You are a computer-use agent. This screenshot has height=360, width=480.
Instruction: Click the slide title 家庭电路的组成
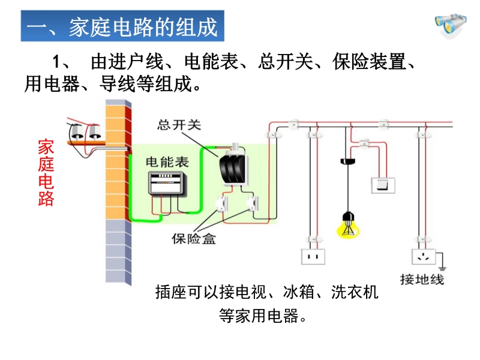pyautogui.click(x=122, y=27)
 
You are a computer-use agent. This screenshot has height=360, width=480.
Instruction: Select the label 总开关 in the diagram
pyautogui.click(x=179, y=125)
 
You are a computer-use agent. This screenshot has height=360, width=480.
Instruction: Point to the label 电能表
pyautogui.click(x=167, y=162)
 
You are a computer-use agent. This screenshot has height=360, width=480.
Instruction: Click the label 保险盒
pyautogui.click(x=194, y=239)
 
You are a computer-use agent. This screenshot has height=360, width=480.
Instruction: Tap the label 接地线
pyautogui.click(x=422, y=279)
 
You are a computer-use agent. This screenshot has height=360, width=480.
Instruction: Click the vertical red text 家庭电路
pyautogui.click(x=46, y=173)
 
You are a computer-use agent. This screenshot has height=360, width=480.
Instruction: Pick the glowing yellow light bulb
pyautogui.click(x=346, y=225)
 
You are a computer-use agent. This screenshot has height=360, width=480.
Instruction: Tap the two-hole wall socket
pyautogui.click(x=312, y=256)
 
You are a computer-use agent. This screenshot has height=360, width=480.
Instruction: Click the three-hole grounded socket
pyautogui.click(x=424, y=256)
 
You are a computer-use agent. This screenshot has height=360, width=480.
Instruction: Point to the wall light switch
pyautogui.click(x=382, y=184)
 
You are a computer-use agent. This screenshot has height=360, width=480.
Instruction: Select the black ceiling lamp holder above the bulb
pyautogui.click(x=346, y=161)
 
